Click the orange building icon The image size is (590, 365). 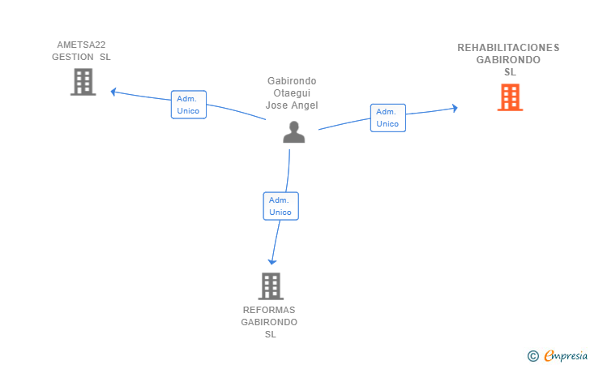510,97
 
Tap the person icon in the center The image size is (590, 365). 294,132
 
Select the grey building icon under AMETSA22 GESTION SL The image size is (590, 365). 83,82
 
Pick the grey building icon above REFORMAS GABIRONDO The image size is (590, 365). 271,286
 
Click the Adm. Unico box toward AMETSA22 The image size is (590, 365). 189,105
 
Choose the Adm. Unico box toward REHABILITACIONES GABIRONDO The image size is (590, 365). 388,118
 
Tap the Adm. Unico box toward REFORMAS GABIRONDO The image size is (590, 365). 280,206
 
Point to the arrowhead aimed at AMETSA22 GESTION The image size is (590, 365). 113,92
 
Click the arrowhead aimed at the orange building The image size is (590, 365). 455,109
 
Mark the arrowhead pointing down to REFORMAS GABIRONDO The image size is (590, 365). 272,261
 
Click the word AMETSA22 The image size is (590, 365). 81,45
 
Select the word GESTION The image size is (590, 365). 73,57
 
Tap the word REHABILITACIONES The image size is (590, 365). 508,48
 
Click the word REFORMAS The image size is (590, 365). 269,310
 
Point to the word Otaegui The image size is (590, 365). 292,93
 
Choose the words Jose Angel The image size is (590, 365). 292,105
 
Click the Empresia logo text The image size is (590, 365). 566,355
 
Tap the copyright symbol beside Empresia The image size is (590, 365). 533,356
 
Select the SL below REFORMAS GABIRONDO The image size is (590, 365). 271,334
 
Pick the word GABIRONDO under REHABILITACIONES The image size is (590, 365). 508,60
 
